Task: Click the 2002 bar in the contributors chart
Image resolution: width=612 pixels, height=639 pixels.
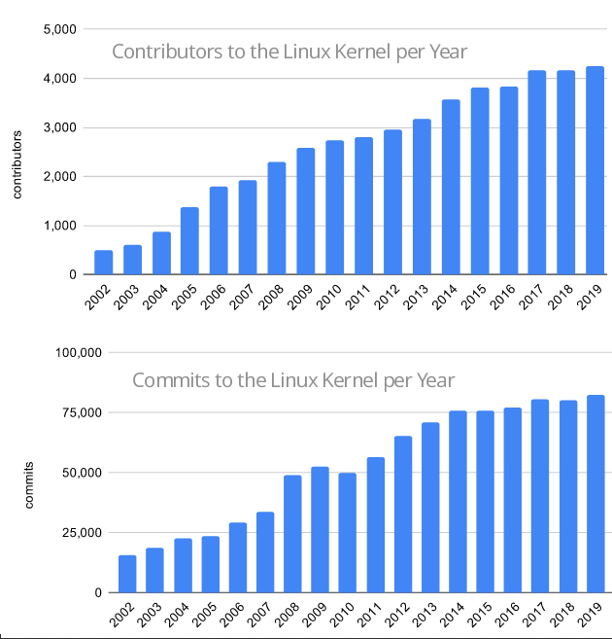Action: click(x=103, y=263)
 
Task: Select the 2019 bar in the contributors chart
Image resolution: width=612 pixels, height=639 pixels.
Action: click(x=595, y=171)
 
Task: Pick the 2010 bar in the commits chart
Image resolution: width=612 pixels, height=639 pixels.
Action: click(x=347, y=533)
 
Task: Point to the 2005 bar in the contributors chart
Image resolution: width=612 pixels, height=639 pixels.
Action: click(x=190, y=241)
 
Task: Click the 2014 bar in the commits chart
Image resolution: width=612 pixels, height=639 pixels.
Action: click(x=458, y=502)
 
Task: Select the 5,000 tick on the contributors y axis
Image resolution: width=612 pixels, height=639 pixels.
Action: click(x=61, y=29)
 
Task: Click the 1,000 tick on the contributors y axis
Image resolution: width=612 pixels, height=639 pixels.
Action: click(x=61, y=226)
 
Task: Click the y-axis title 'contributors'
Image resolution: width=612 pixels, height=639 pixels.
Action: click(x=17, y=161)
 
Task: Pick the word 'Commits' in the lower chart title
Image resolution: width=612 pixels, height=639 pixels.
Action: click(x=169, y=379)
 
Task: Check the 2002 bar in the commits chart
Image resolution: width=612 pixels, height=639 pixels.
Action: click(x=126, y=574)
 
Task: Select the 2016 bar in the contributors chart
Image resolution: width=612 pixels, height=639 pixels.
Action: click(x=509, y=181)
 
